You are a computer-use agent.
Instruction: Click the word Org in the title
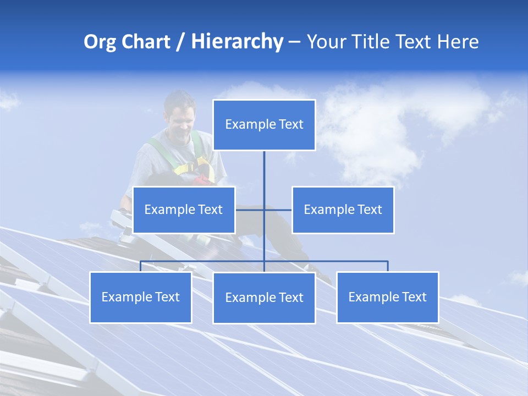click(100, 42)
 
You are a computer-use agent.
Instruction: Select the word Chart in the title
click(145, 42)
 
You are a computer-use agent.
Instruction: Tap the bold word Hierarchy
click(237, 42)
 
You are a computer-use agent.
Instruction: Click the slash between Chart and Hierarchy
click(180, 42)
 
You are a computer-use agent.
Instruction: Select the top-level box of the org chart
click(264, 125)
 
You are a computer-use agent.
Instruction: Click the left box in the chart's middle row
click(184, 210)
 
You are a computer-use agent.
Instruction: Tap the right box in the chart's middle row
click(343, 210)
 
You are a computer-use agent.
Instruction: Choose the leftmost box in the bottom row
click(141, 298)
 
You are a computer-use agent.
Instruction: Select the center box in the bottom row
click(264, 298)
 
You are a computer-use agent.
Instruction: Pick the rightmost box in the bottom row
click(387, 298)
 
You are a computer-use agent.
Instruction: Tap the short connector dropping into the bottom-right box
click(388, 266)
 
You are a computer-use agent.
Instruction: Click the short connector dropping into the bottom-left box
click(141, 266)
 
